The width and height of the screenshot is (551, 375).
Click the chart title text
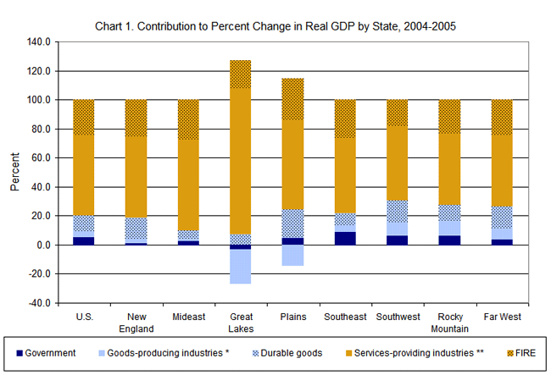pyautogui.click(x=275, y=26)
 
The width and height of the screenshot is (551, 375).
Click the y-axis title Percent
pyautogui.click(x=14, y=172)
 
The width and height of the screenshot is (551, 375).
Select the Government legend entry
pyautogui.click(x=51, y=351)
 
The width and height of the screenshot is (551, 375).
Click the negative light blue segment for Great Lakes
pyautogui.click(x=240, y=267)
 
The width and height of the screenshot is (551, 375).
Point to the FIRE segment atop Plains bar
pyautogui.click(x=292, y=99)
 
